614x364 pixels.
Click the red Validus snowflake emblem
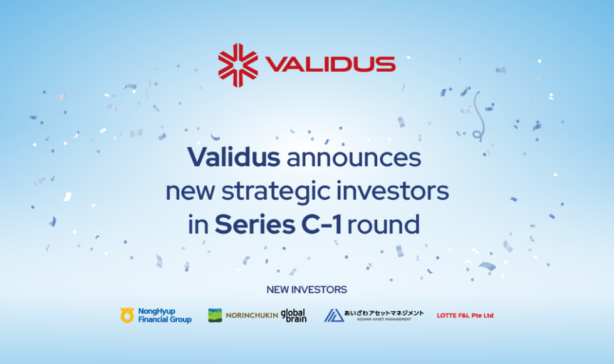pyautogui.click(x=238, y=65)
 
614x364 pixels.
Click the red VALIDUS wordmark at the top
pyautogui.click(x=330, y=65)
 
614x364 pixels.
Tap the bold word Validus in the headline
pyautogui.click(x=234, y=157)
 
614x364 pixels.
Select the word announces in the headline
pyautogui.click(x=354, y=158)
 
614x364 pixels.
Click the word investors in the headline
pyautogui.click(x=392, y=191)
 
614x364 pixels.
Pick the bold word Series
pyautogui.click(x=255, y=225)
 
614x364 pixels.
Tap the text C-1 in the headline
pyautogui.click(x=321, y=225)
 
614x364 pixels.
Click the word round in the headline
pyautogui.click(x=383, y=225)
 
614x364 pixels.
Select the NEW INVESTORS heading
pyautogui.click(x=306, y=289)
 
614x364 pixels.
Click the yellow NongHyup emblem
pyautogui.click(x=127, y=315)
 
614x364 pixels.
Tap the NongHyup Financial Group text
pyautogui.click(x=165, y=315)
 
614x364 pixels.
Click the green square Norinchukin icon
pyautogui.click(x=215, y=315)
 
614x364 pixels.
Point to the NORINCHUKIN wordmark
pyautogui.click(x=252, y=315)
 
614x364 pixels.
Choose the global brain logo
pyautogui.click(x=294, y=315)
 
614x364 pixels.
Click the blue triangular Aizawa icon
pyautogui.click(x=334, y=315)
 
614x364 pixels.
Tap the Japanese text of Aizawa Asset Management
pyautogui.click(x=383, y=313)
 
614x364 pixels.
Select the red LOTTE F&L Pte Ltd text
pyautogui.click(x=465, y=315)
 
